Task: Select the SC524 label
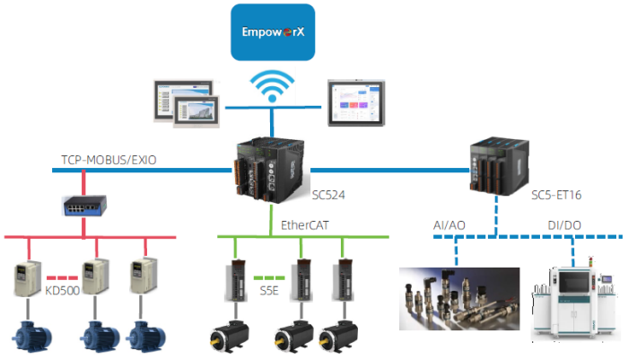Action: tap(329, 193)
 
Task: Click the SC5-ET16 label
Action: tap(554, 194)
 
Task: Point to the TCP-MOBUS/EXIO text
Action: tap(109, 159)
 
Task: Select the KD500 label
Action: tap(64, 292)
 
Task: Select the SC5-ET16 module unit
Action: tap(499, 166)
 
